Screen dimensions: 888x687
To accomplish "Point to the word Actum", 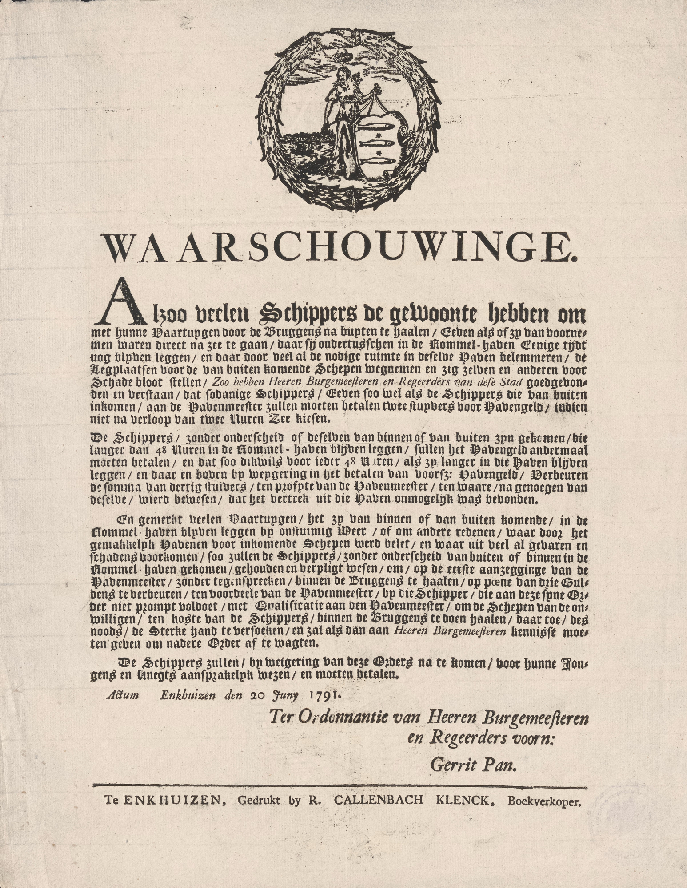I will click(122, 695).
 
